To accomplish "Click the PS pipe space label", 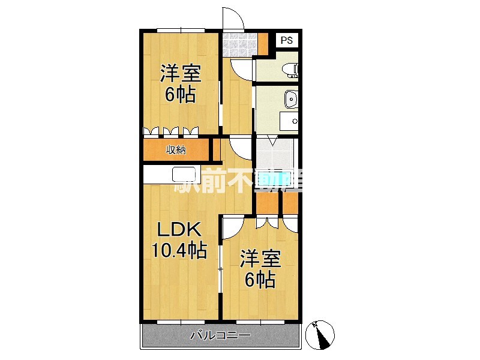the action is click(x=287, y=40).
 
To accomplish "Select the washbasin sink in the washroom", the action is click(x=291, y=99).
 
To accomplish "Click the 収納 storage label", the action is click(x=176, y=150).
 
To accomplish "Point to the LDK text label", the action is click(x=179, y=229).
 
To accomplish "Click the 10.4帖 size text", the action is click(x=179, y=250).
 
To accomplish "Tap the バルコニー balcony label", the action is click(x=220, y=335).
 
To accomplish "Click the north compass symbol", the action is click(x=320, y=335).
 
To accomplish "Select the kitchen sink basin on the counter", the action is click(x=184, y=175).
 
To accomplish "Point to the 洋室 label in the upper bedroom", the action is click(x=181, y=73).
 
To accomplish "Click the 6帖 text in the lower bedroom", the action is click(x=260, y=279).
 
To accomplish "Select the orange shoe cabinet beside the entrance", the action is click(x=263, y=43).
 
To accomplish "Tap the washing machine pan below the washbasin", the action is click(x=289, y=122).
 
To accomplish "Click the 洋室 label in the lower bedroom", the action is click(x=260, y=259).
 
